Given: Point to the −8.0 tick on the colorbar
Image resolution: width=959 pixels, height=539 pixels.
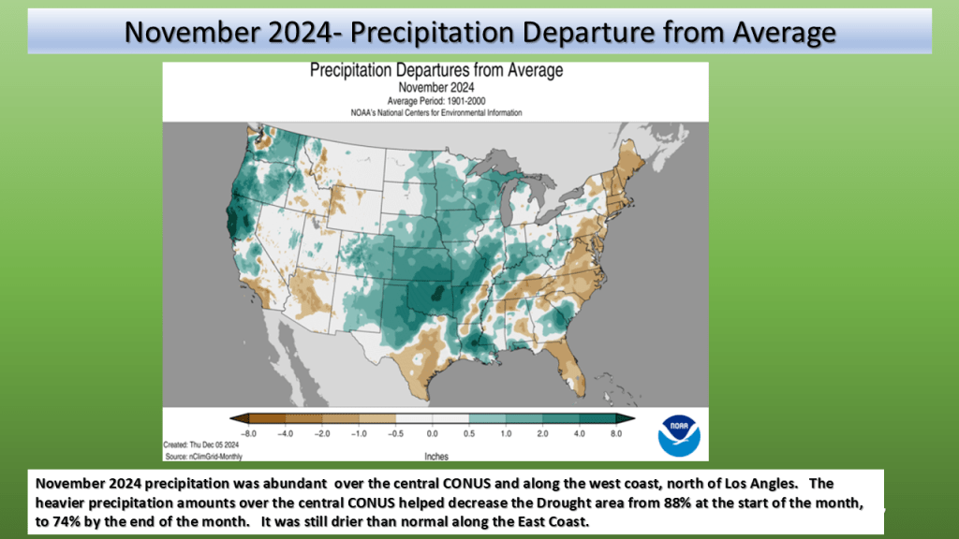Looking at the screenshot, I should point(249,434).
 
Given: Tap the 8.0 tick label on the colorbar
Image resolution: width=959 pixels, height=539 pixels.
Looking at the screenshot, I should point(615,434).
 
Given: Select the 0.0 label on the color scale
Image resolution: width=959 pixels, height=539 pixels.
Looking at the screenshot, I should point(432,434).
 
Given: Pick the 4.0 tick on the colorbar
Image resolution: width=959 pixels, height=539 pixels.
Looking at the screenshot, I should point(579,434).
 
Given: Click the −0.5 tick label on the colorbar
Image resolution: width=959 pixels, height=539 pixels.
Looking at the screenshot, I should point(395,434).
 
